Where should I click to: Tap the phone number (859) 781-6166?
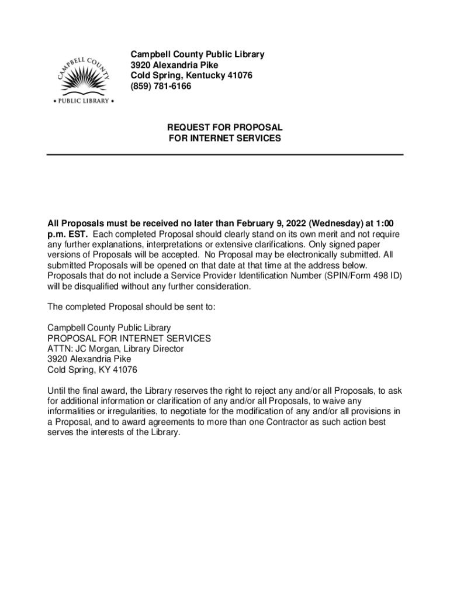[161, 87]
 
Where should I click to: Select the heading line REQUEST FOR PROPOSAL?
[225, 128]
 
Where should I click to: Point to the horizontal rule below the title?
[225, 154]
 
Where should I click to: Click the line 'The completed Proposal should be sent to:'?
[131, 307]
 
